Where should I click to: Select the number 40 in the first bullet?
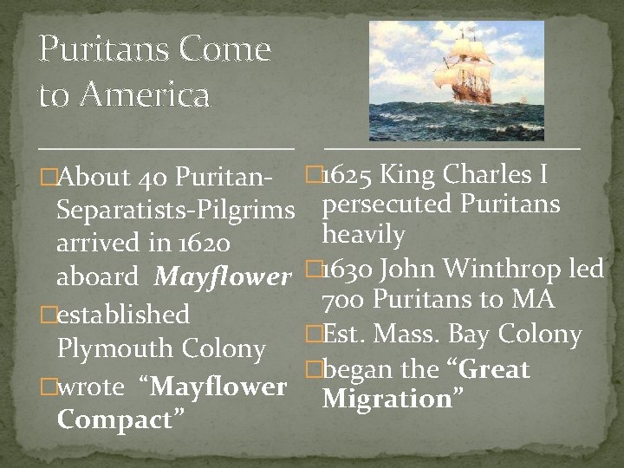(153, 179)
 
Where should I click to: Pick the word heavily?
(363, 234)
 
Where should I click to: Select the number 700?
(340, 301)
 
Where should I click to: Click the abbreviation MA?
(533, 301)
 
